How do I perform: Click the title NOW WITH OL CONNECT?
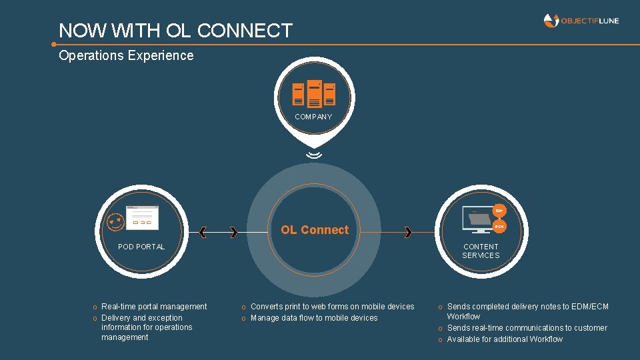pos(175,31)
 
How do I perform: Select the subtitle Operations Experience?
pos(126,56)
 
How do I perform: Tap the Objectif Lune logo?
pos(581,21)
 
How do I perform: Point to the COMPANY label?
pos(313,117)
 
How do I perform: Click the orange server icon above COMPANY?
pos(313,93)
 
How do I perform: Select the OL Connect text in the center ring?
pos(315,230)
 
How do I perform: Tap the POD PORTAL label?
pos(141,247)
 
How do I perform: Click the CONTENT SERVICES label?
pos(481,251)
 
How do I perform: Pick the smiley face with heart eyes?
pos(115,223)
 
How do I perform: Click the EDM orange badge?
pos(499,211)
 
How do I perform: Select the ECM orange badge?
pos(499,227)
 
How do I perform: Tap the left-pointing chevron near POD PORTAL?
pos(203,232)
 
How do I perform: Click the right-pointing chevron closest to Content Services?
pos(408,232)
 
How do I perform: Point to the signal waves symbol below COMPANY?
pos(314,155)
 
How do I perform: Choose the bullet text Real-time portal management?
pos(154,307)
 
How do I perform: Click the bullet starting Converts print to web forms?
pos(332,307)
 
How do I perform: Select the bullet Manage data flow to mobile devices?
pos(314,318)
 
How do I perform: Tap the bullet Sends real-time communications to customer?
pos(527,328)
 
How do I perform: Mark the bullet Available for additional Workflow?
pos(505,339)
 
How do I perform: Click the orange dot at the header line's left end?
pos(53,45)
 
